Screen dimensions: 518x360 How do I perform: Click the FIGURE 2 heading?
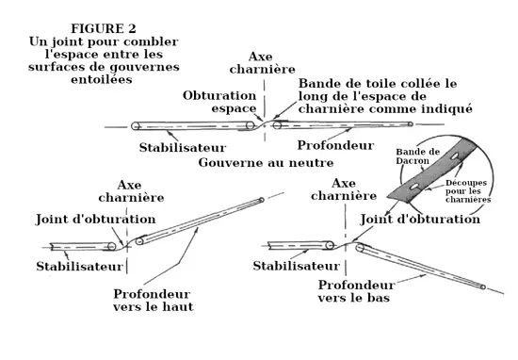click(104, 28)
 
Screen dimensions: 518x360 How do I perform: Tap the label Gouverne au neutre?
click(266, 163)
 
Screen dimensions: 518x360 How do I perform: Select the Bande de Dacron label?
click(418, 156)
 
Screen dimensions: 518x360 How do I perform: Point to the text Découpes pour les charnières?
click(468, 191)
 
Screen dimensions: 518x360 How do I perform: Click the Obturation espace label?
click(219, 102)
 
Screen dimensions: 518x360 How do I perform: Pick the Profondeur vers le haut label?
click(154, 301)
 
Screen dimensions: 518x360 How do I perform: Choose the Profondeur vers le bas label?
click(356, 291)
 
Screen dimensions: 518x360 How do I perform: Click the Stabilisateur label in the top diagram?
click(183, 147)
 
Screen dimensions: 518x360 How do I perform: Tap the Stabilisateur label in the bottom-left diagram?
click(80, 267)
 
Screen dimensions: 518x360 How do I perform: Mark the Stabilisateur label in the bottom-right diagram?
click(297, 266)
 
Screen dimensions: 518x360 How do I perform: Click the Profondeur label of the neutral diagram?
click(335, 145)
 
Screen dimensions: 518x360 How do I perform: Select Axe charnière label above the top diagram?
click(263, 63)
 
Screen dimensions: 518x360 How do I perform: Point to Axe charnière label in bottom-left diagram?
click(131, 191)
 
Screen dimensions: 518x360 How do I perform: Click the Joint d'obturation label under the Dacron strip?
click(420, 220)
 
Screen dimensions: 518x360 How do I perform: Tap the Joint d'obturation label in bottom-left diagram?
click(95, 220)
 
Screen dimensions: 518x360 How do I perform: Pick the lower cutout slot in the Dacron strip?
click(414, 187)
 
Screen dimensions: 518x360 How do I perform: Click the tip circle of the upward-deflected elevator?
click(261, 200)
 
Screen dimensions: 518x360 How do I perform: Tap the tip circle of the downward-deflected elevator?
click(482, 287)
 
